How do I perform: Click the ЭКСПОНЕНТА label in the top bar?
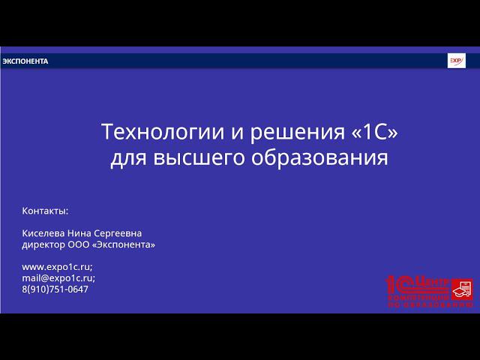pos(25,61)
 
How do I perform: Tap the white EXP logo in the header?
pos(456,61)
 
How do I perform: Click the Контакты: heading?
pos(45,211)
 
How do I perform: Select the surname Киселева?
pos(44,233)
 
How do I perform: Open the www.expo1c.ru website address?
pos(57,267)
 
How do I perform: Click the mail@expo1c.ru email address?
pos(58,277)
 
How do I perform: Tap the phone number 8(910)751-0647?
pos(55,289)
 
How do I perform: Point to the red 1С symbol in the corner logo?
pos(400,283)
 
